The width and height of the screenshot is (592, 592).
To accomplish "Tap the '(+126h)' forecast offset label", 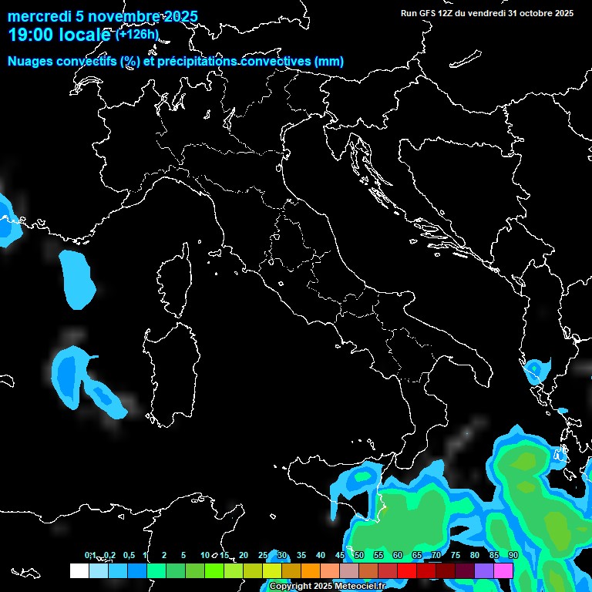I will point(137,35).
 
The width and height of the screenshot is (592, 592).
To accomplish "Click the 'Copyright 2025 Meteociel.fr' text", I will point(327,587).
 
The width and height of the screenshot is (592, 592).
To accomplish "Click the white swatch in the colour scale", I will point(79,570).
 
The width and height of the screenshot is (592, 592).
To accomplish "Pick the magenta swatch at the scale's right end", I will point(503,570).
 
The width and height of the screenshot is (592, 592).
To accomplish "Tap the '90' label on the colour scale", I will point(513,556).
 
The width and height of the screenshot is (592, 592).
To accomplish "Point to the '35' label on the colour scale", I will point(301,556).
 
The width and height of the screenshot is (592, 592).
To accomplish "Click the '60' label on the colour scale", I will point(398,556).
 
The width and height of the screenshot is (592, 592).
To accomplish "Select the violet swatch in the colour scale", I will point(484,570).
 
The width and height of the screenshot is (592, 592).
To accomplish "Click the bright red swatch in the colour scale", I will point(407,570).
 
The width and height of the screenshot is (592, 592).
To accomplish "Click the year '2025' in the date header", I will point(180,17).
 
